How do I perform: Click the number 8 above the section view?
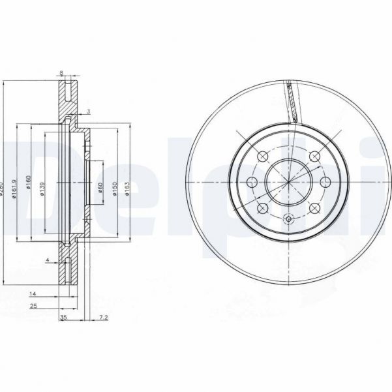tap(61, 72)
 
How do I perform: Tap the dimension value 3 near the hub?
tap(88, 112)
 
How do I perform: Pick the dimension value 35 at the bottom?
tap(63, 318)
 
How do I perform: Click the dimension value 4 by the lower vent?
tap(48, 260)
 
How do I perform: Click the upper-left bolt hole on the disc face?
tap(263, 156)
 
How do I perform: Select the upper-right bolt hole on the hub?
tap(314, 155)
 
